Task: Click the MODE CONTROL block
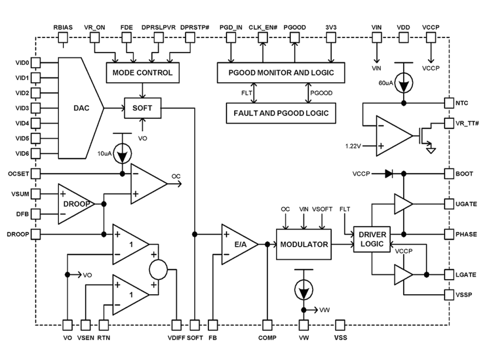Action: tap(142, 73)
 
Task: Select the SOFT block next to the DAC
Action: tap(142, 108)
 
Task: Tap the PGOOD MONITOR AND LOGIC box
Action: tap(281, 72)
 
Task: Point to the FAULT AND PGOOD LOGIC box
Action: tap(281, 113)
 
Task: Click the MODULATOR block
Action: tap(304, 245)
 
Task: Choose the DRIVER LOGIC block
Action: tap(372, 239)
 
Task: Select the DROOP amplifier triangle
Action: tap(74, 203)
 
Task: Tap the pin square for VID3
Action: tap(36, 107)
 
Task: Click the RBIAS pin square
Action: tap(63, 38)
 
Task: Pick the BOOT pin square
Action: tap(449, 173)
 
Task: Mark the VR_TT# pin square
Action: tap(449, 123)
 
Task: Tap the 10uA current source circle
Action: tap(123, 155)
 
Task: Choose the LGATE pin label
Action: tap(466, 275)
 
